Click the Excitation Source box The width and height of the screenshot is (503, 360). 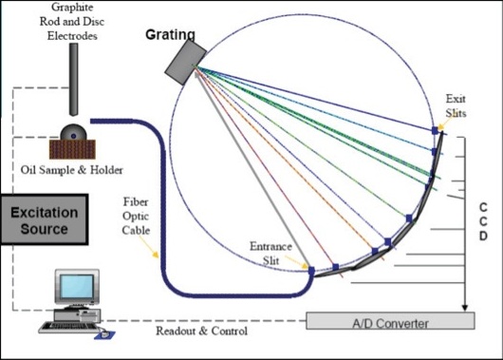pyautogui.click(x=46, y=220)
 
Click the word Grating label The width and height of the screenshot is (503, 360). pyautogui.click(x=171, y=35)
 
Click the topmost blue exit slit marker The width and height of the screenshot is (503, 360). pyautogui.click(x=435, y=130)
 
